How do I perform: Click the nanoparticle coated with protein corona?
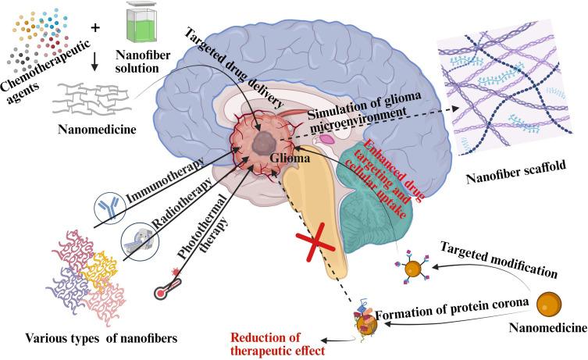click(x=365, y=321)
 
